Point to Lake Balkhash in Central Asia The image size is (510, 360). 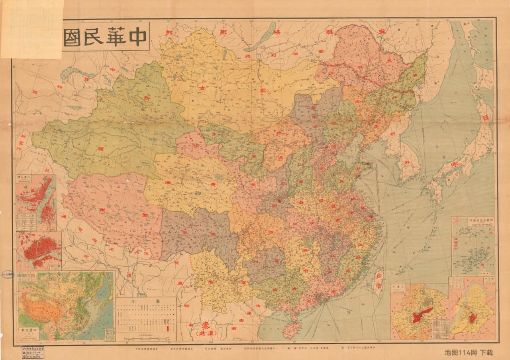72,73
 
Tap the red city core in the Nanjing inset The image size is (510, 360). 473,318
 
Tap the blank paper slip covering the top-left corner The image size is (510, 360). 31,28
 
